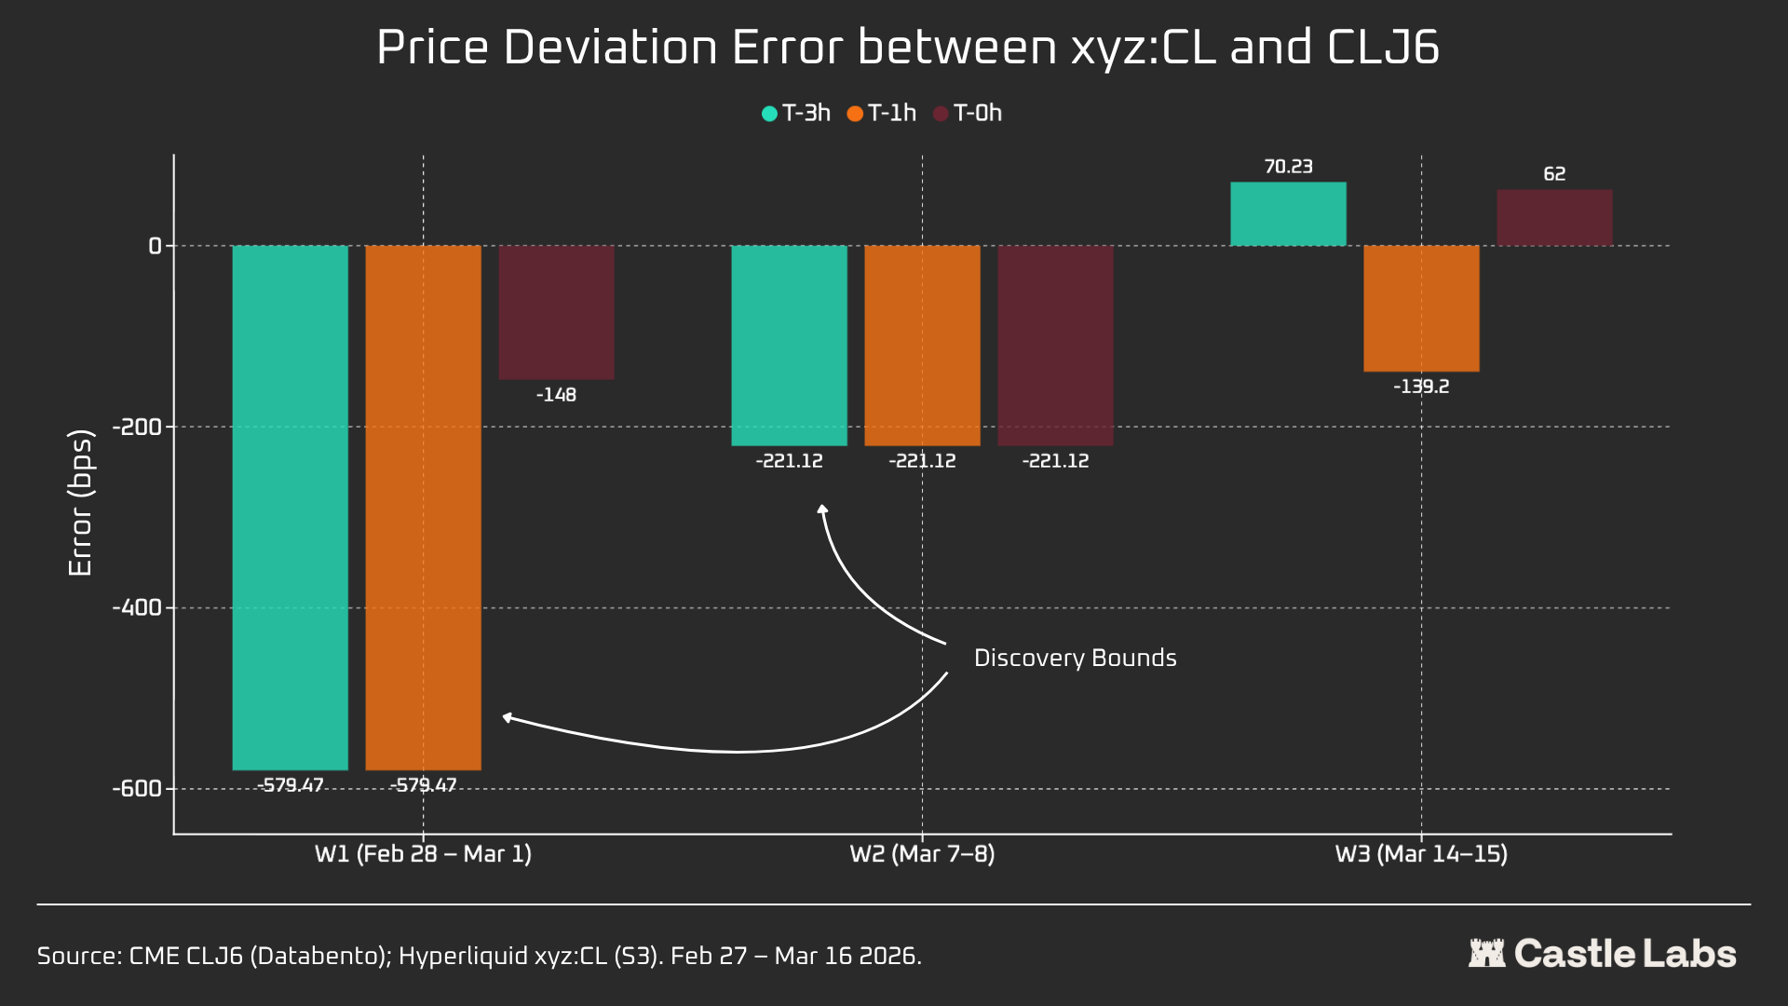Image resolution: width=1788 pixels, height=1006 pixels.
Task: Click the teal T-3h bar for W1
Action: click(290, 508)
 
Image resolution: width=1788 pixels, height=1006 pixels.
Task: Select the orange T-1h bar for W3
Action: click(1421, 308)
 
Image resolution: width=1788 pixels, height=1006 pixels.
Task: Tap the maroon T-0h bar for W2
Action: click(1055, 346)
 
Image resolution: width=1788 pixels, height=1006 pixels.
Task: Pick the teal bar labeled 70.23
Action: click(1288, 214)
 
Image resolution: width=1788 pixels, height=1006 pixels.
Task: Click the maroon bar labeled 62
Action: click(1554, 218)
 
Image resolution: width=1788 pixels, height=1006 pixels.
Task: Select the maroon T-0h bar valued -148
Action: click(556, 312)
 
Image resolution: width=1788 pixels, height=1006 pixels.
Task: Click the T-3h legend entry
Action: click(796, 114)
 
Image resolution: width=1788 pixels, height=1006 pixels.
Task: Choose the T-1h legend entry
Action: click(882, 114)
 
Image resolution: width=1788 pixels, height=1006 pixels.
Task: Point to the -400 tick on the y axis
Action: click(136, 608)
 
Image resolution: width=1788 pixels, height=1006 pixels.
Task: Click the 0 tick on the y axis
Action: click(156, 246)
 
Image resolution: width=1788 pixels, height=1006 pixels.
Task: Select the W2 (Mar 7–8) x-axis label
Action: click(922, 854)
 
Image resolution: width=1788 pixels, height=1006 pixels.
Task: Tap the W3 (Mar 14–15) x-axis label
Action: click(1421, 854)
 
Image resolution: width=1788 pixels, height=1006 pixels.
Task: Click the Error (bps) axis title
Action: click(81, 503)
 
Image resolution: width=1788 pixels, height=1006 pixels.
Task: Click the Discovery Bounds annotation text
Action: click(1075, 659)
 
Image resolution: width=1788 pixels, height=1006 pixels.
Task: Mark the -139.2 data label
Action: click(1421, 387)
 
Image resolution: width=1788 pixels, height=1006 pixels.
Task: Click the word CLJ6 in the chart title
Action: click(1383, 48)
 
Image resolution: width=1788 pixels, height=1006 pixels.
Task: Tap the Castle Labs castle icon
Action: click(1486, 953)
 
